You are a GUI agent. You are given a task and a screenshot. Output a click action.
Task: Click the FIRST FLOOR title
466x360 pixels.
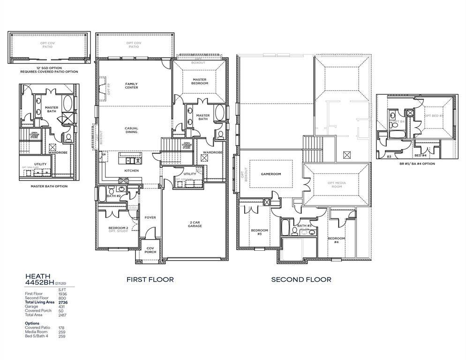click(x=150, y=279)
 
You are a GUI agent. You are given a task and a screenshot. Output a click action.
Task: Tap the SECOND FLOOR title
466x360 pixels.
click(x=301, y=279)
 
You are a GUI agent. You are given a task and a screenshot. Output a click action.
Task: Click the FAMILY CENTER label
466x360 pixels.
click(x=131, y=85)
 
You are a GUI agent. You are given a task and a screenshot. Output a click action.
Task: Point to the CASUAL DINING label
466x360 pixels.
click(x=131, y=130)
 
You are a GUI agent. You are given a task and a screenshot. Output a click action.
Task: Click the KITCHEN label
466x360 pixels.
click(x=131, y=171)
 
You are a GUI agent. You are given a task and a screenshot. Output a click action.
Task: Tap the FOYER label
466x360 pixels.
click(x=150, y=217)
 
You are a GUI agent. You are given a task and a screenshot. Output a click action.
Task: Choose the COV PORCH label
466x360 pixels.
click(x=150, y=250)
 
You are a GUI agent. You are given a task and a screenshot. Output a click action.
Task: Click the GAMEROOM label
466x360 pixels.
click(x=271, y=174)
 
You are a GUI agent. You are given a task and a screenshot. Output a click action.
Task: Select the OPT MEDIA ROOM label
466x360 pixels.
click(x=334, y=184)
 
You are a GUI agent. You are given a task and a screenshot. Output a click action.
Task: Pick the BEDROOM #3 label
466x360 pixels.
click(x=259, y=232)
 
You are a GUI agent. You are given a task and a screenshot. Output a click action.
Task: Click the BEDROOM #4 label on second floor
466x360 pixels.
click(x=336, y=240)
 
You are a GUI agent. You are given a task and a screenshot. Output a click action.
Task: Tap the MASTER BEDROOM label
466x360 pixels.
click(x=200, y=81)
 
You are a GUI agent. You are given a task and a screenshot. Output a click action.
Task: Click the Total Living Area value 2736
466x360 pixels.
click(x=63, y=302)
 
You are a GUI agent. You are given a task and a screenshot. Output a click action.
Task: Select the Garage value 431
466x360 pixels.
click(x=62, y=307)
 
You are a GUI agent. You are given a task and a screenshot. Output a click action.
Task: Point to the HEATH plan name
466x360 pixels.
click(x=38, y=277)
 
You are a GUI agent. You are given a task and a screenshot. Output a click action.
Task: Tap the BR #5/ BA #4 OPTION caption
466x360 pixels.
click(x=416, y=164)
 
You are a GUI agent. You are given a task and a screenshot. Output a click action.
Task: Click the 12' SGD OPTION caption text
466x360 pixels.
click(x=49, y=68)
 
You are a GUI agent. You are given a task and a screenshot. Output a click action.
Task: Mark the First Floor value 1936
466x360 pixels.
click(x=62, y=294)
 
